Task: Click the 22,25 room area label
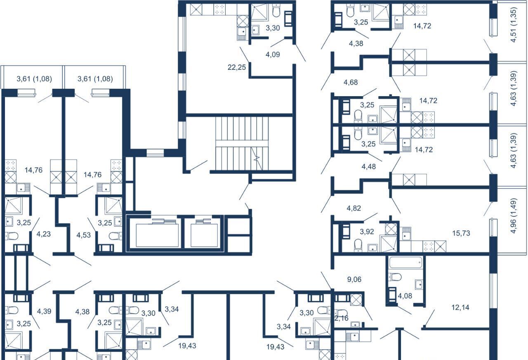pyautogui.click(x=237, y=67)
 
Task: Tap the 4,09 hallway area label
pyautogui.click(x=273, y=54)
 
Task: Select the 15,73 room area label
pyautogui.click(x=461, y=233)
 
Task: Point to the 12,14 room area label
pyautogui.click(x=460, y=308)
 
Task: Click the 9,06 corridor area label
pyautogui.click(x=354, y=279)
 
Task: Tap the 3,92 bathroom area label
pyautogui.click(x=367, y=232)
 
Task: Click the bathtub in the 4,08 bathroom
pyautogui.click(x=405, y=262)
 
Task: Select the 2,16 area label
pyautogui.click(x=341, y=318)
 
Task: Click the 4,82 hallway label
pyautogui.click(x=354, y=208)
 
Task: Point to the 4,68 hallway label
pyautogui.click(x=351, y=82)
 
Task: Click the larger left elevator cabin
pyautogui.click(x=157, y=235)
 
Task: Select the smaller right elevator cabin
pyautogui.click(x=204, y=235)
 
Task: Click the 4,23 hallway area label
pyautogui.click(x=44, y=234)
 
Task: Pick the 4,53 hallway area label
pyautogui.click(x=83, y=235)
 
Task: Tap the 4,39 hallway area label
pyautogui.click(x=44, y=311)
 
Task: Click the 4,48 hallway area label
pyautogui.click(x=369, y=167)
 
